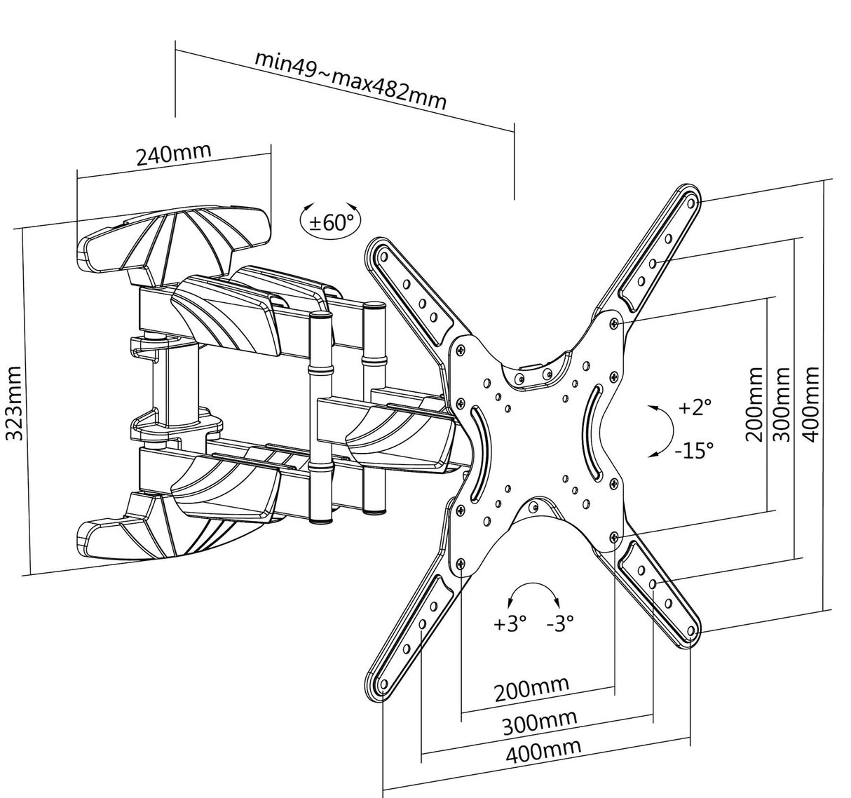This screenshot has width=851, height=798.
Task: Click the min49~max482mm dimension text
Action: [x=350, y=79]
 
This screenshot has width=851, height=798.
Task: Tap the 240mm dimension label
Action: [x=173, y=154]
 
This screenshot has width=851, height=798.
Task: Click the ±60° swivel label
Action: [x=331, y=222]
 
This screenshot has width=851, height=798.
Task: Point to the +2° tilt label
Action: [x=694, y=407]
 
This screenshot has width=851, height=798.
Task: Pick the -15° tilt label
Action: [x=693, y=449]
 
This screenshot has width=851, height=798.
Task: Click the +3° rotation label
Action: [x=510, y=623]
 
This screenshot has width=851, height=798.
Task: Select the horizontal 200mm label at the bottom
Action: [x=532, y=690]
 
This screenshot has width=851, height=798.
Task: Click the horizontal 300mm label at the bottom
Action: [x=539, y=722]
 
